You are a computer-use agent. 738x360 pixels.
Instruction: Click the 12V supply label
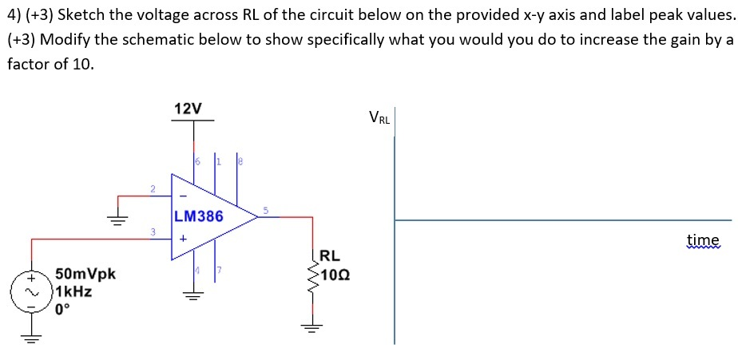(188, 109)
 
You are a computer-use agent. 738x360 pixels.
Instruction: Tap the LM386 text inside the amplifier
(198, 216)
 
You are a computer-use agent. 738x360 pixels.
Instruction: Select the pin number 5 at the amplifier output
(266, 210)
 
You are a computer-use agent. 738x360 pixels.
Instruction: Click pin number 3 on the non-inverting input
(152, 232)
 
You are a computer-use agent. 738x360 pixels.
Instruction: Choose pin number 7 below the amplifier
(216, 273)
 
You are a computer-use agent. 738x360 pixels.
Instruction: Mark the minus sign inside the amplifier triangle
(182, 194)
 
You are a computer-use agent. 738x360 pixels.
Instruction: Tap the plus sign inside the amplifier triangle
(182, 238)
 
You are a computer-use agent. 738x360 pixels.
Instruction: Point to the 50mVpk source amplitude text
(85, 275)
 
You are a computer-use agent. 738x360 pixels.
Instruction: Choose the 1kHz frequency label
(73, 291)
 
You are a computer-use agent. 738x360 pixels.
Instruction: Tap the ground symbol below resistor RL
(312, 326)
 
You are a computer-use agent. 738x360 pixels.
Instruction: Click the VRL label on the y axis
(379, 117)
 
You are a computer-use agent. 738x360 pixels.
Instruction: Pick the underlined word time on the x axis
(703, 239)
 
